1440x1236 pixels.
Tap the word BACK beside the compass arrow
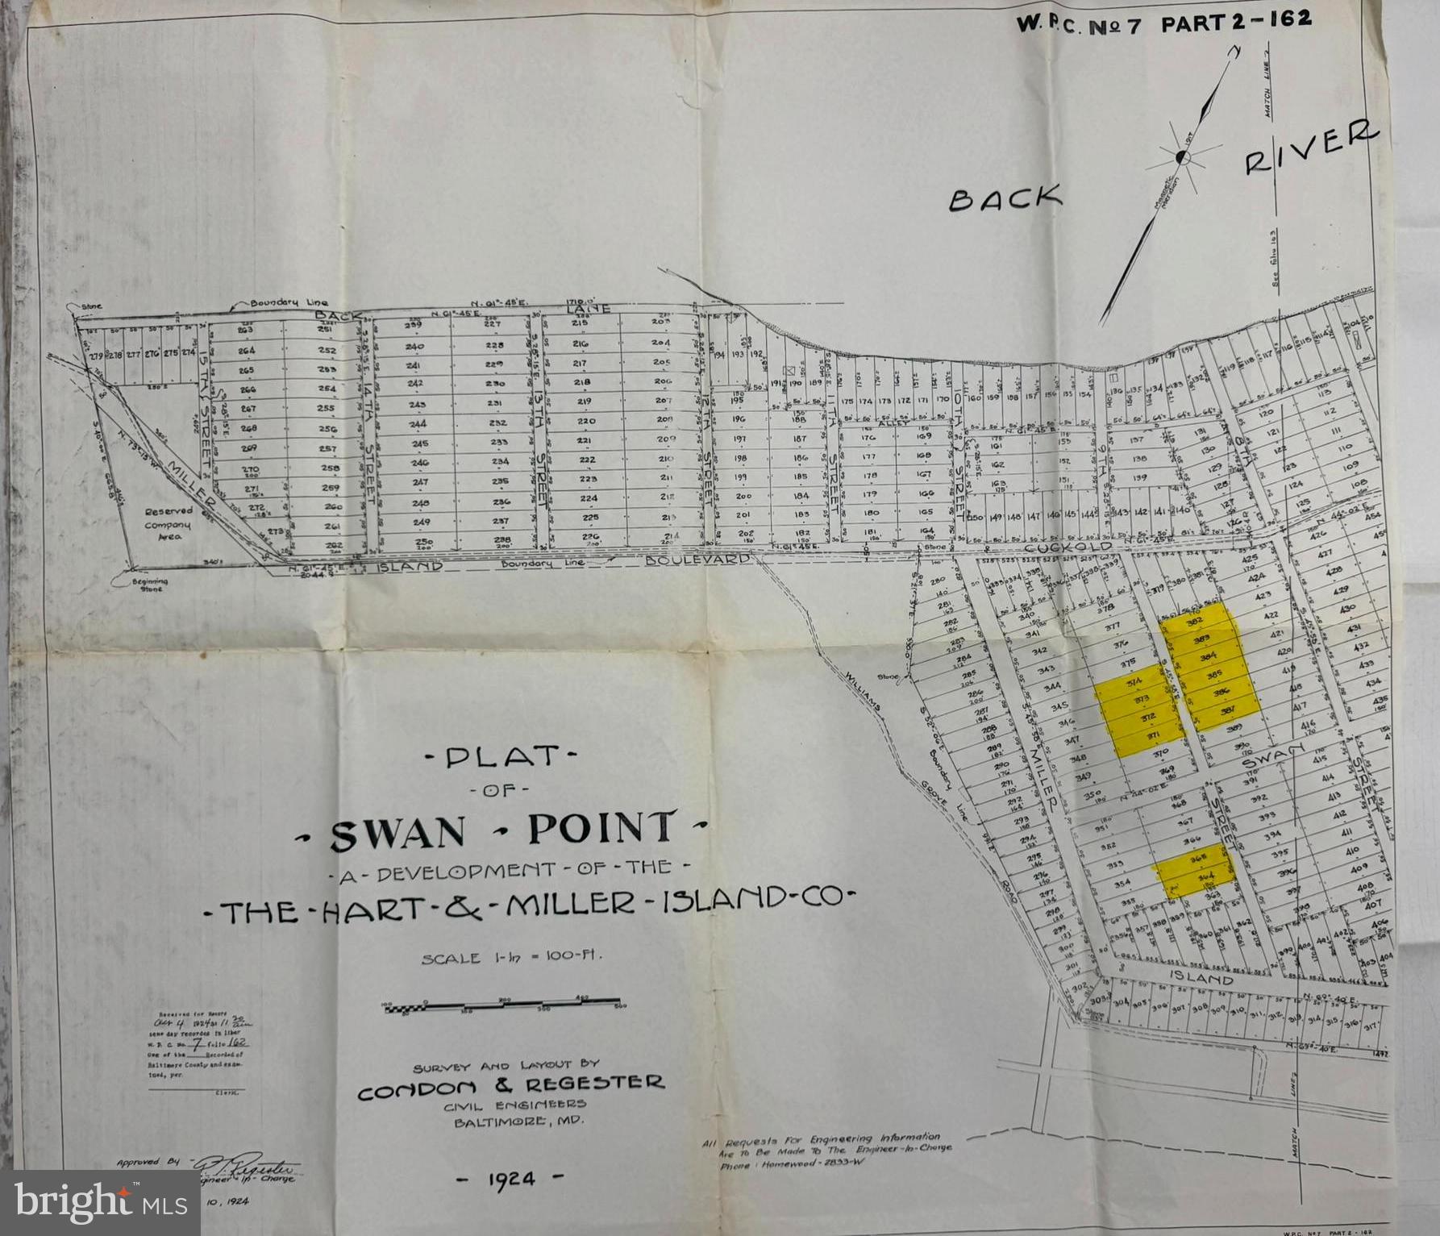[1005, 198]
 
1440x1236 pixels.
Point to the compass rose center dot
[1182, 156]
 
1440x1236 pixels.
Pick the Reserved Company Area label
[169, 523]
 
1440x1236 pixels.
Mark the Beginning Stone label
[151, 585]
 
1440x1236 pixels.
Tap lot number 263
[245, 330]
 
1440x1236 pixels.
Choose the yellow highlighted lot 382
[1195, 622]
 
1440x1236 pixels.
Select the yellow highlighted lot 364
[1207, 878]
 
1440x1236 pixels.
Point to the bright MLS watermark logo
[100, 1202]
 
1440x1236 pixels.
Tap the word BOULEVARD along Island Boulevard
[697, 559]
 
